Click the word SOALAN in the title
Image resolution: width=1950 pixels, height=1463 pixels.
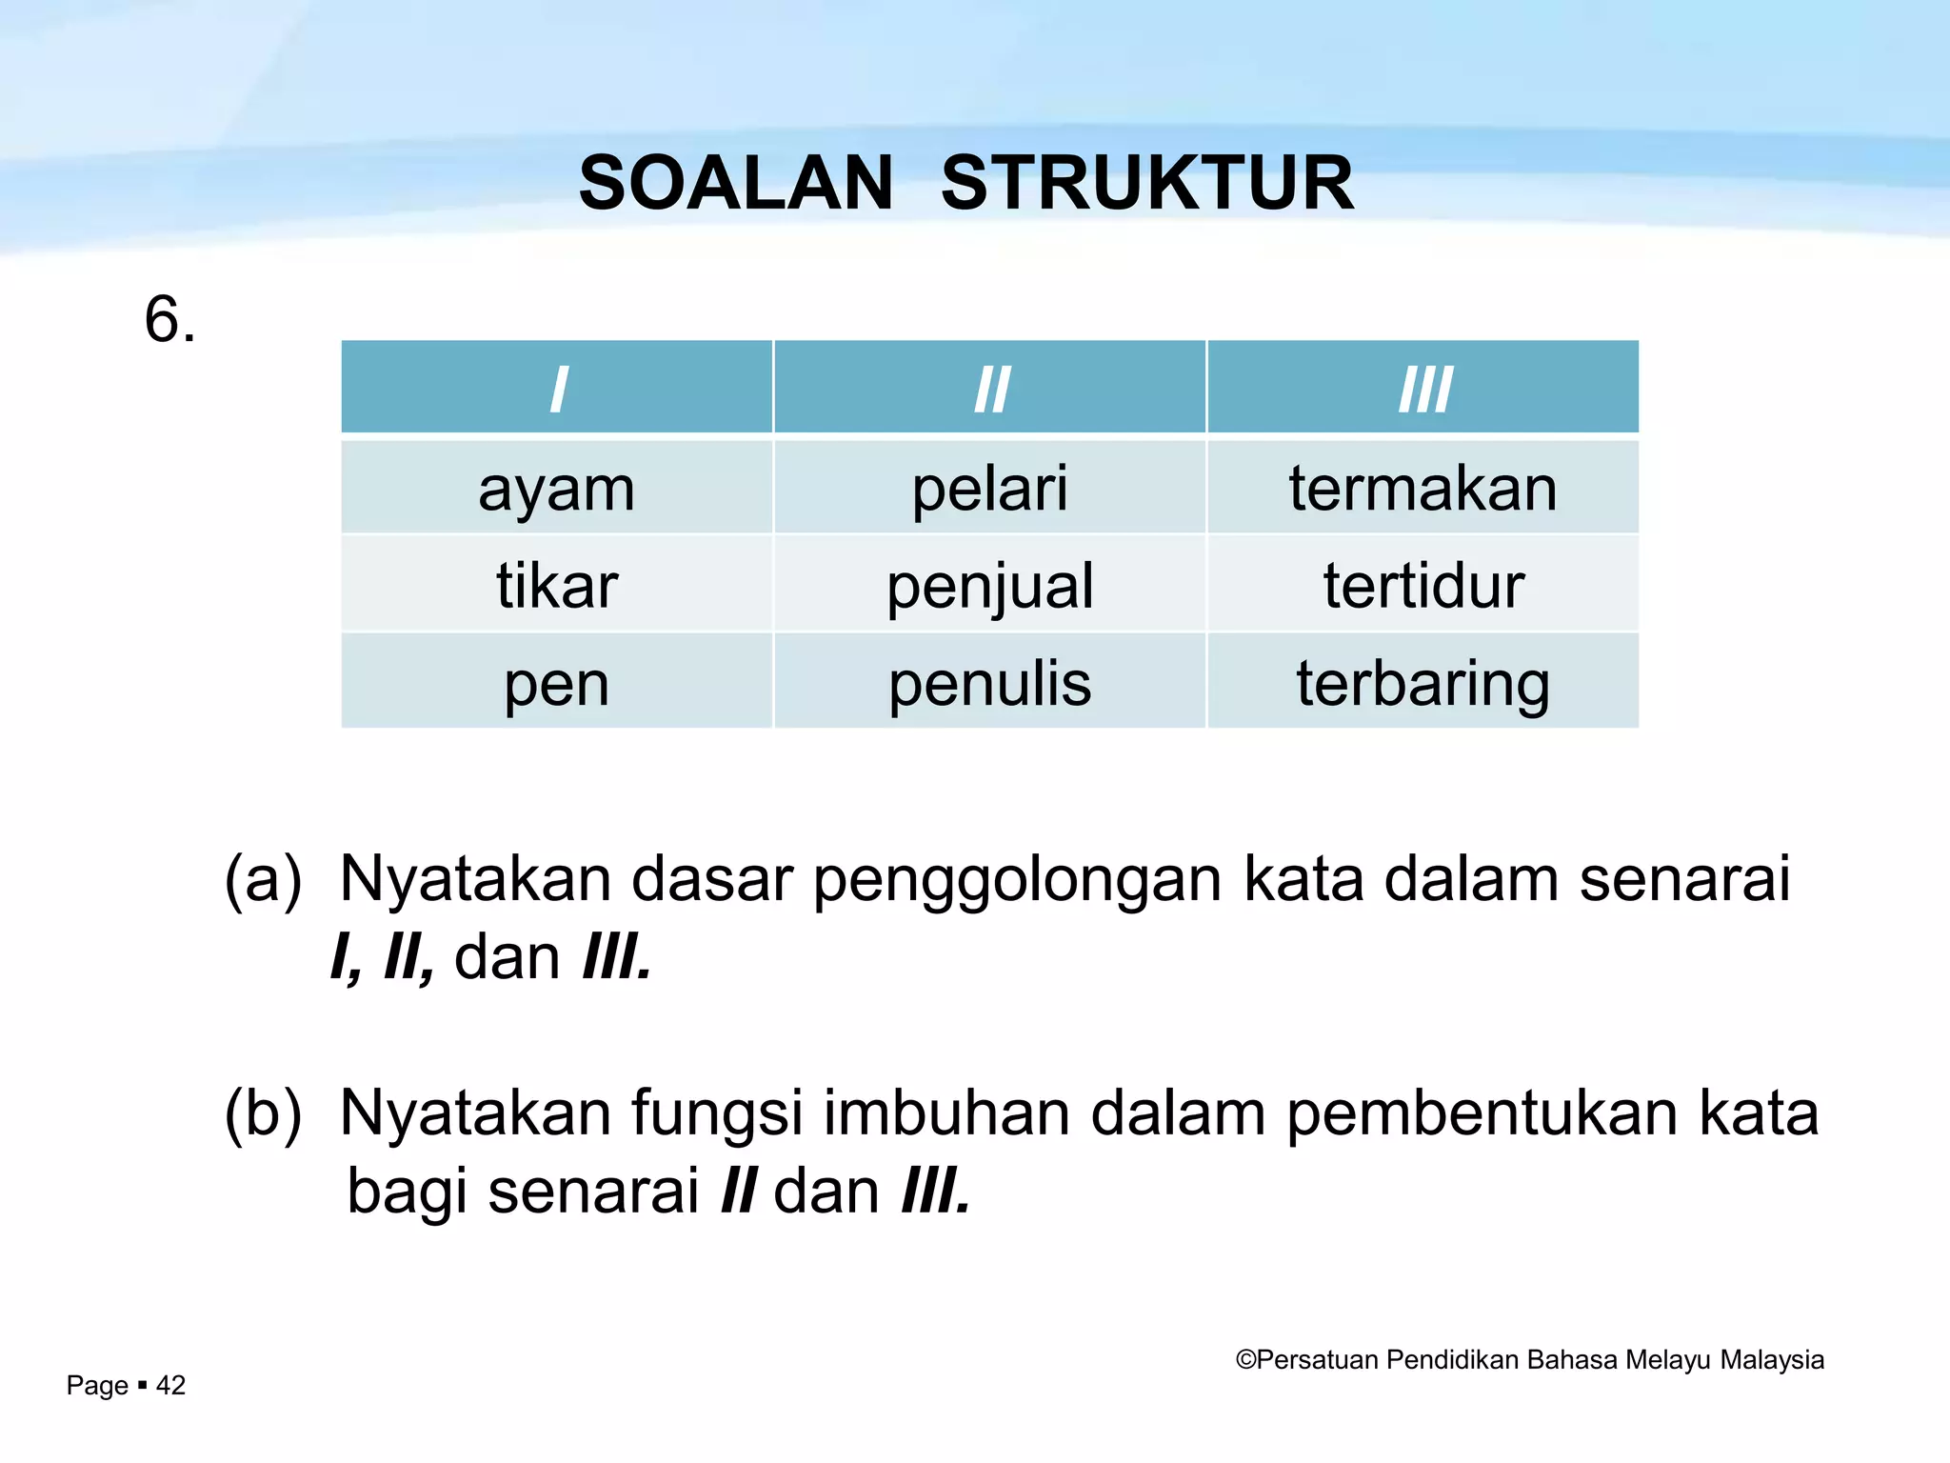click(x=735, y=183)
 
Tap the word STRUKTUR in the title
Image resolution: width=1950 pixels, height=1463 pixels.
click(x=1146, y=183)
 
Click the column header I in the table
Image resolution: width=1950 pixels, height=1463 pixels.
click(x=558, y=389)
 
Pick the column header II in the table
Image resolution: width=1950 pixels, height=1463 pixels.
click(x=990, y=389)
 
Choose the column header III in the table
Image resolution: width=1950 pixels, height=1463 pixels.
click(x=1423, y=389)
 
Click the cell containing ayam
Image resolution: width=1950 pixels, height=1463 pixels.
click(x=557, y=489)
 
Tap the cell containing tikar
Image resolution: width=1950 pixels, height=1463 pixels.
click(x=557, y=585)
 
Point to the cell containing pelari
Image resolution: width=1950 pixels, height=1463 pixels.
click(x=990, y=489)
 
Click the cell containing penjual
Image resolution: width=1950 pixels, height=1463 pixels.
click(x=990, y=585)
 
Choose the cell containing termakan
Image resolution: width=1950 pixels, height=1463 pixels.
click(x=1423, y=489)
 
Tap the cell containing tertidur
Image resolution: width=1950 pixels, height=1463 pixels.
click(x=1423, y=585)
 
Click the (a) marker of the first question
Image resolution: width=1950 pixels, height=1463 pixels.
click(x=263, y=878)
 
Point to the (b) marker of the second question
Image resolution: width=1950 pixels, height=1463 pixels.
click(x=263, y=1112)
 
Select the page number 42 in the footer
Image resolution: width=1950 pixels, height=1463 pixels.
click(x=170, y=1385)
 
